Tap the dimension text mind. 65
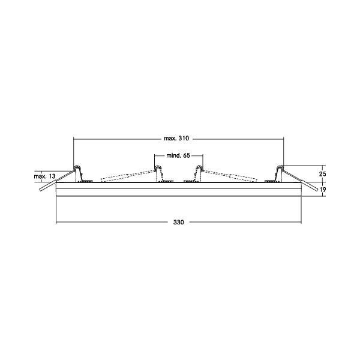point(178,155)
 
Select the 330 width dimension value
point(178,223)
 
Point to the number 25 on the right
point(322,173)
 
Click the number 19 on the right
point(322,190)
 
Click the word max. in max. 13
point(40,176)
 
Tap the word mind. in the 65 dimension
point(172,155)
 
